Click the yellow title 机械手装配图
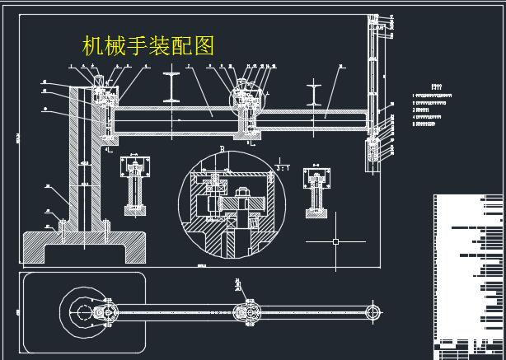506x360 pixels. [148, 44]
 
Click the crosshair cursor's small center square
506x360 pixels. [335, 241]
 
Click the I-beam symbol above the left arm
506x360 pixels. [173, 85]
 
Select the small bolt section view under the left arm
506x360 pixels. [133, 185]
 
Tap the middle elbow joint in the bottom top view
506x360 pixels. [245, 312]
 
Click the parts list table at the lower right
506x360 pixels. [468, 272]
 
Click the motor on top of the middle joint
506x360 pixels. [245, 84]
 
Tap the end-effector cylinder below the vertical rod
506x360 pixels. [374, 152]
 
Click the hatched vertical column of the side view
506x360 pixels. [84, 157]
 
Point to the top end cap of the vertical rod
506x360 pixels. [374, 18]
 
